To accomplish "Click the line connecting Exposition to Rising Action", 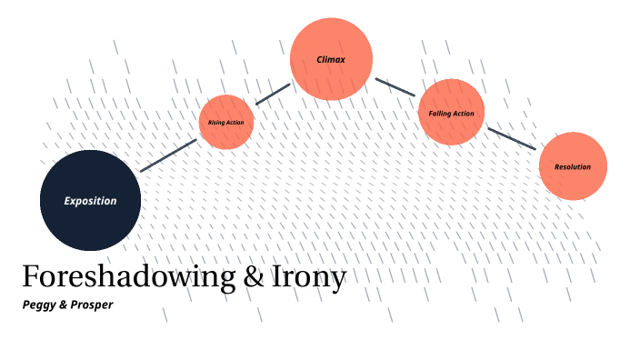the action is pyautogui.click(x=169, y=155).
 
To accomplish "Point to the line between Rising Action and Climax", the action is pyautogui.click(x=272, y=95).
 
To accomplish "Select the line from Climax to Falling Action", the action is pyautogui.click(x=395, y=86).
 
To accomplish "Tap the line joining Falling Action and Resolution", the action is pyautogui.click(x=512, y=138).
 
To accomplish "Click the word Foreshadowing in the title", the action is pyautogui.click(x=127, y=277).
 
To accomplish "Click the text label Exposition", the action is pyautogui.click(x=90, y=201).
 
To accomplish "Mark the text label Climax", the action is pyautogui.click(x=331, y=59).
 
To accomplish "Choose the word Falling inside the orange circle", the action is pyautogui.click(x=440, y=114).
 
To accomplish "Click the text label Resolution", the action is pyautogui.click(x=573, y=167).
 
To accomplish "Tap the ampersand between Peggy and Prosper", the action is pyautogui.click(x=63, y=305).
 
